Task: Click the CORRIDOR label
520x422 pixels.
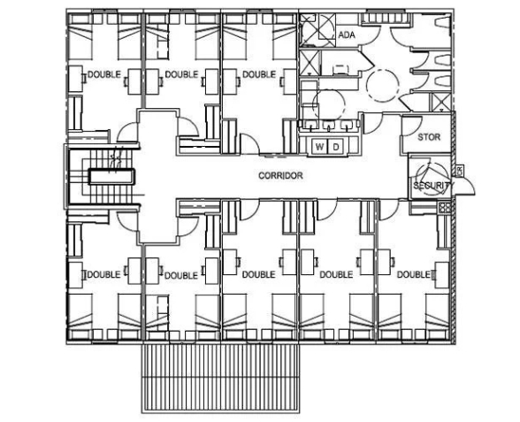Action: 280,175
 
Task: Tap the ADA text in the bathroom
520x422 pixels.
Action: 347,35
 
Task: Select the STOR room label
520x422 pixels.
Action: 429,137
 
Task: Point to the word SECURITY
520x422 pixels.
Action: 432,186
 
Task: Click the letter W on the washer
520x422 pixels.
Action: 319,147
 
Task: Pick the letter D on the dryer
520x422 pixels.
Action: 336,147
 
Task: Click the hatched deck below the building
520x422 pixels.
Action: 221,378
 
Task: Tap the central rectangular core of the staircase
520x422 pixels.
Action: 111,177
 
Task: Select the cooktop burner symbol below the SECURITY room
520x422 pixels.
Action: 444,208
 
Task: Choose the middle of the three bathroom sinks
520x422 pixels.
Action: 329,125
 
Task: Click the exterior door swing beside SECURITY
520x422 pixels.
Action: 466,187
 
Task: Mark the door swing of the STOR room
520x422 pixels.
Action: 411,126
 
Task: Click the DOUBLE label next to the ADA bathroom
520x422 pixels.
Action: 259,74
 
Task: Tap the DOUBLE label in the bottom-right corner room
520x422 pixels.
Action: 413,274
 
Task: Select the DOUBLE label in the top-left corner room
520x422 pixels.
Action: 104,74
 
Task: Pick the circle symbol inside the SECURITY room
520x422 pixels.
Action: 431,178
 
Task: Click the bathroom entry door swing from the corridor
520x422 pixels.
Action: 373,124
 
